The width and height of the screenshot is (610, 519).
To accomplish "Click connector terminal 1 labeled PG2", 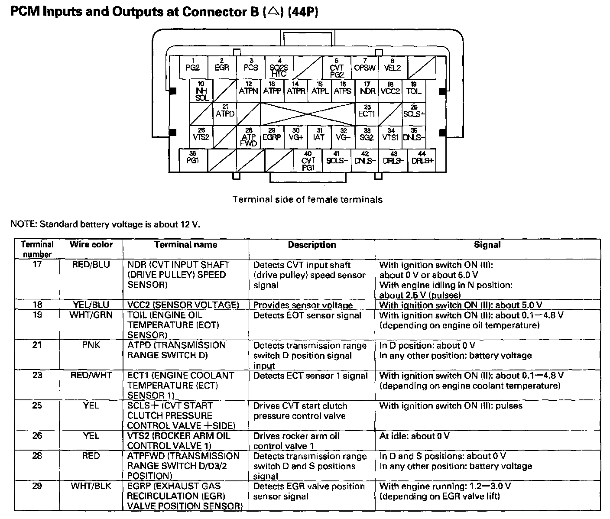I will pos(193,67).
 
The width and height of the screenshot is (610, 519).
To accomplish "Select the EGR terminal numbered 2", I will pos(222,67).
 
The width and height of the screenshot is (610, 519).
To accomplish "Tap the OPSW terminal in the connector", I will pos(364,67).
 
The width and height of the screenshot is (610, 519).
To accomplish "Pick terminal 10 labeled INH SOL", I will pos(201,91).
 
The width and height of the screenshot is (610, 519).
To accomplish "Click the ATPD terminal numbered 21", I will pos(225,114).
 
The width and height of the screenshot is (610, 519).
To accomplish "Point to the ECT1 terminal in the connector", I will pos(367,114).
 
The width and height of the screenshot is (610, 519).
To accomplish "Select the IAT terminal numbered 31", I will pos(319,137).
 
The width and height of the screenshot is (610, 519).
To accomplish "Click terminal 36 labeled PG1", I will pos(193,160).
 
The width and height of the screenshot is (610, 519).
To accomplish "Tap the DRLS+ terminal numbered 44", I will pos(422,160).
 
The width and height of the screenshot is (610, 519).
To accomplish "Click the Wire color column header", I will pos(91,245).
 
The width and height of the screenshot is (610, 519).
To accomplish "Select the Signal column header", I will pos(487,245).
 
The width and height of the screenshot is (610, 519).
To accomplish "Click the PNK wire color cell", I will pos(91,345).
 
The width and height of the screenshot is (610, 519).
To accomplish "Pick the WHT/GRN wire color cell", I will pos(91,315).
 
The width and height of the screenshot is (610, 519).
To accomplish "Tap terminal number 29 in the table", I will pos(37,486).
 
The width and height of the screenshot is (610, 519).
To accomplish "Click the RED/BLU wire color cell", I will pos(91,265).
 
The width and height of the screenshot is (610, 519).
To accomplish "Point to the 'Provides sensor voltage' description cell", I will pos(303,305).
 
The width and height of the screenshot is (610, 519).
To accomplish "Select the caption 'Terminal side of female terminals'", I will pos(308,200).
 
